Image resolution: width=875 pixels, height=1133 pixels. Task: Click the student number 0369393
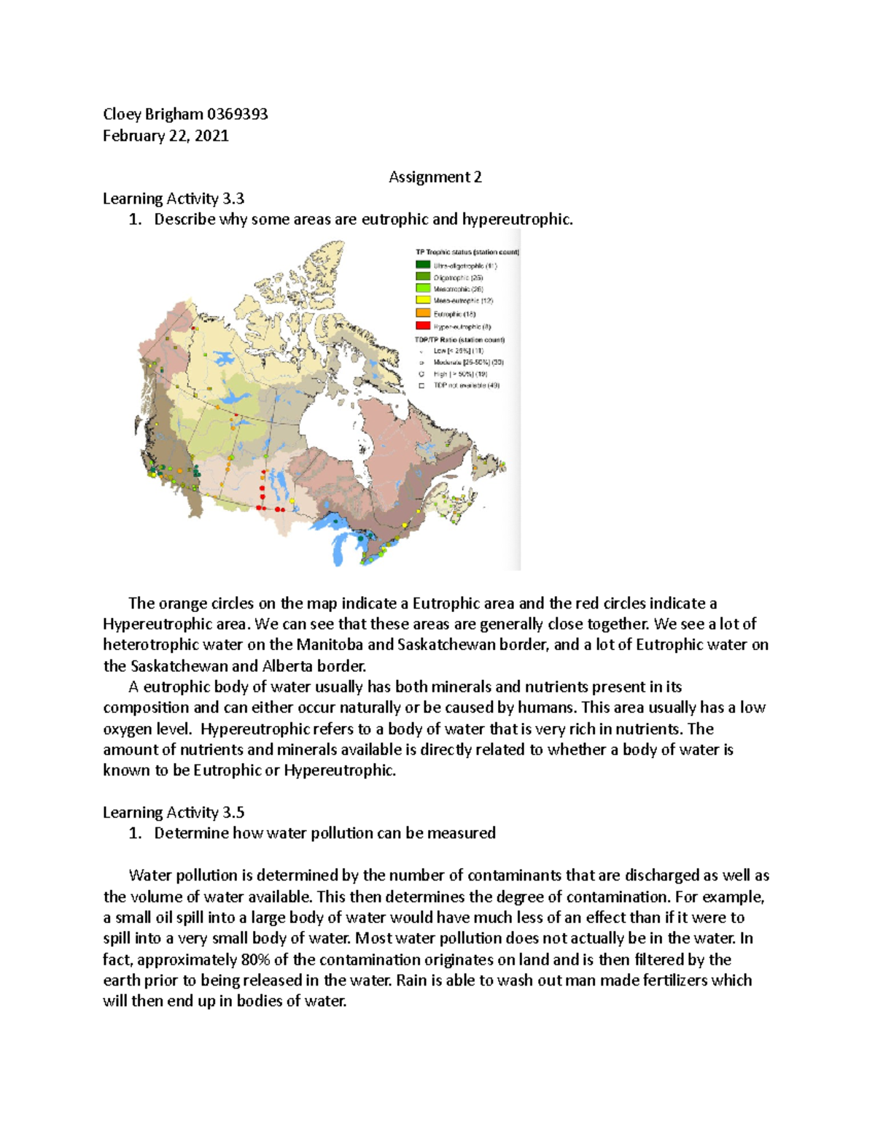(237, 114)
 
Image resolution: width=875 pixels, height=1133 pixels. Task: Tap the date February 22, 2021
(166, 136)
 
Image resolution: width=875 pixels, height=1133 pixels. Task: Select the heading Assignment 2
(435, 177)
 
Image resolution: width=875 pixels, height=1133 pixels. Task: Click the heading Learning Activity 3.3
(173, 198)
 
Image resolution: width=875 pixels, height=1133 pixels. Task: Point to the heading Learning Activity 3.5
(173, 812)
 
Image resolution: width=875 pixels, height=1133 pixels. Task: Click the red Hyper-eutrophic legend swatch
(423, 325)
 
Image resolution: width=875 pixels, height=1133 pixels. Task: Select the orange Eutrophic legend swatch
(423, 313)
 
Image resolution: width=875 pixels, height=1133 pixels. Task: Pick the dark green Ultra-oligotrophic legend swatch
(423, 265)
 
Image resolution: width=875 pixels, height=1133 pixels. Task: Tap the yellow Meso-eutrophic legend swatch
(423, 300)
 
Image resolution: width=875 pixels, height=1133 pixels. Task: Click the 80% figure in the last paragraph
(256, 959)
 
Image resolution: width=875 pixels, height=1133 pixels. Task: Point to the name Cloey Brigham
(153, 114)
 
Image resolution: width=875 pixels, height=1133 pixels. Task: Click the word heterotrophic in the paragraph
(151, 644)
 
